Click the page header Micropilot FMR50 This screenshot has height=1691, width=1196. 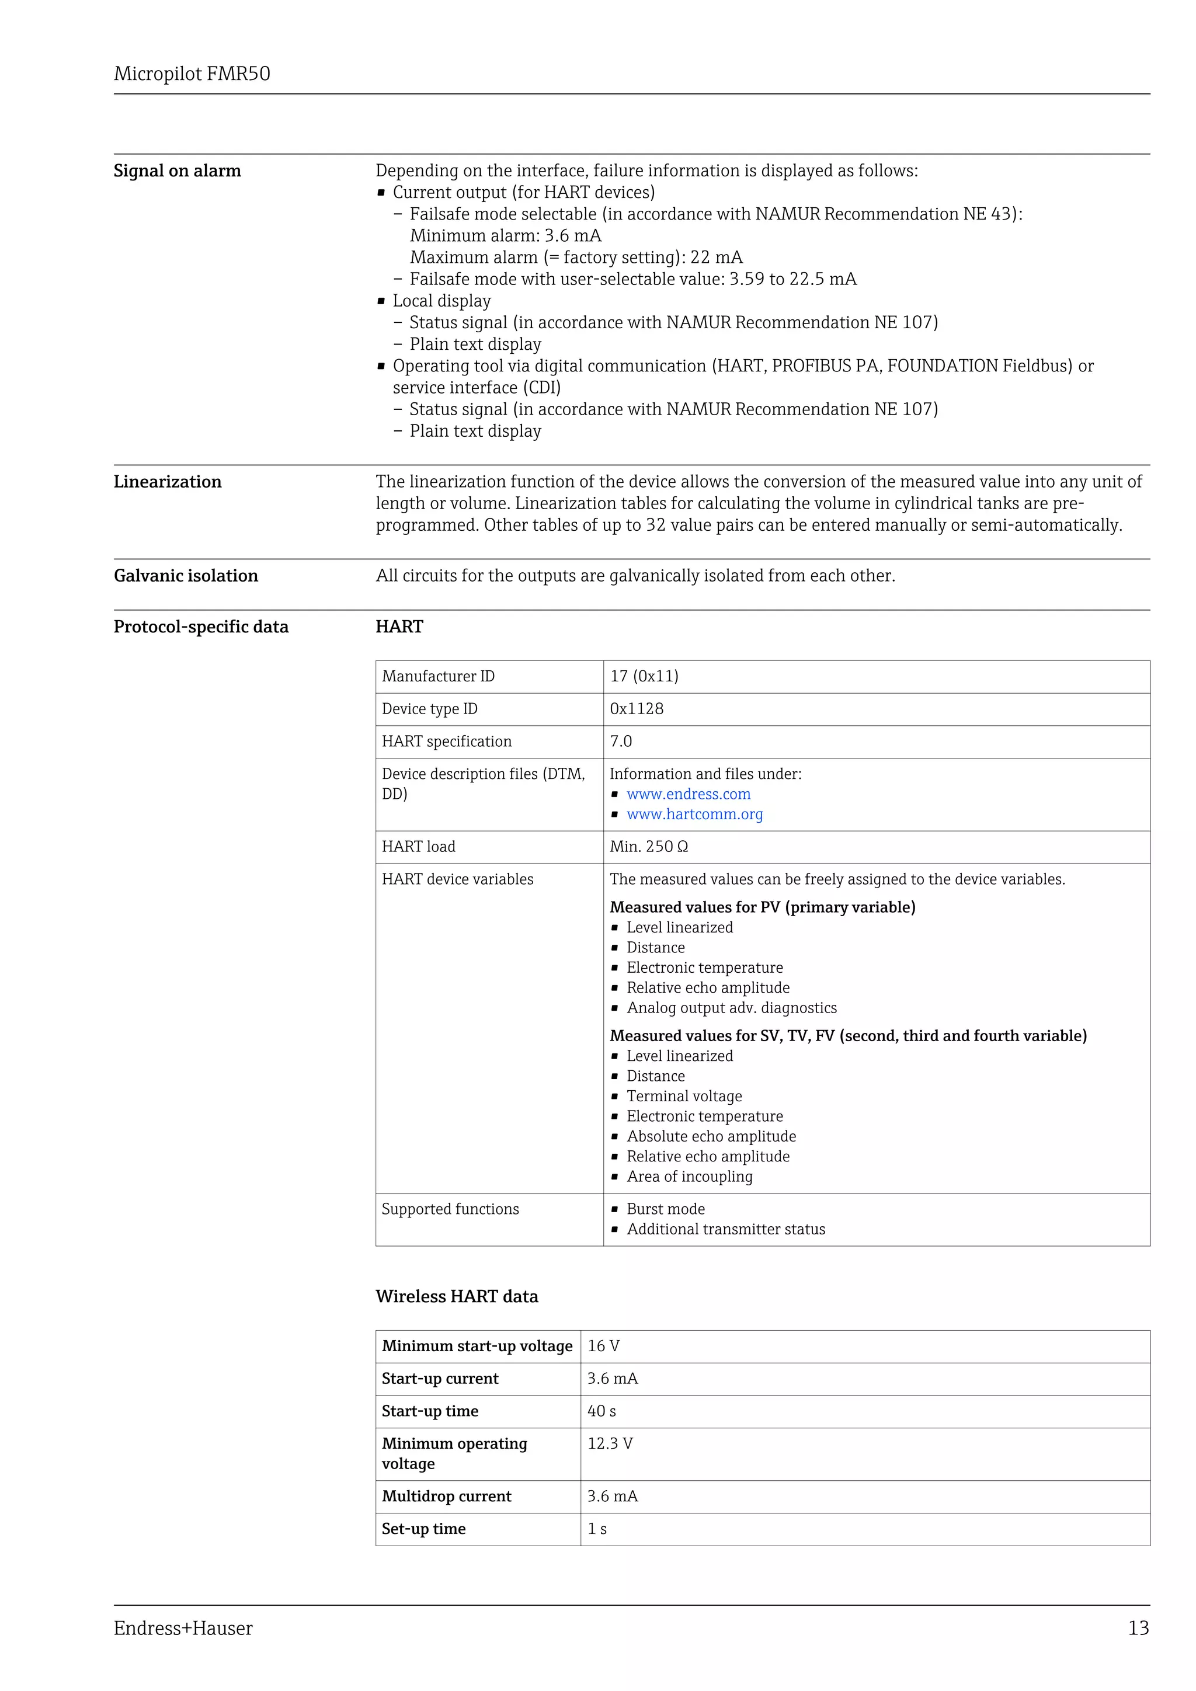click(192, 74)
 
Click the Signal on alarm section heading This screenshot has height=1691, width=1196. click(177, 171)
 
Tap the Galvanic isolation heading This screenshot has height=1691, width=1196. click(186, 576)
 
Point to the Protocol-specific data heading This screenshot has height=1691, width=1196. click(200, 627)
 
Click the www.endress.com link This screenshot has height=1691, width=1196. click(688, 794)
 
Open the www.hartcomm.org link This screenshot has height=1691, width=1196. click(694, 814)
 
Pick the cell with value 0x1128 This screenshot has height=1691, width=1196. click(637, 708)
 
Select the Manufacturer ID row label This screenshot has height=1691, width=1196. click(438, 676)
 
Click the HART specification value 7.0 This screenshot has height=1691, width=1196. click(621, 741)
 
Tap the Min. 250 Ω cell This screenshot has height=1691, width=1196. click(648, 846)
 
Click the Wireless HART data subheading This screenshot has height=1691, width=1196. click(457, 1296)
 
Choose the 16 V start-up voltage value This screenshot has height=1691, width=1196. click(603, 1345)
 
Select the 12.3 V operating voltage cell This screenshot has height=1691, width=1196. click(610, 1443)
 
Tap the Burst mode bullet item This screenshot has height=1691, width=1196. click(665, 1209)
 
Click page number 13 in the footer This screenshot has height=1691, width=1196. click(1138, 1628)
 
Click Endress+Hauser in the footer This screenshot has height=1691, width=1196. click(183, 1628)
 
